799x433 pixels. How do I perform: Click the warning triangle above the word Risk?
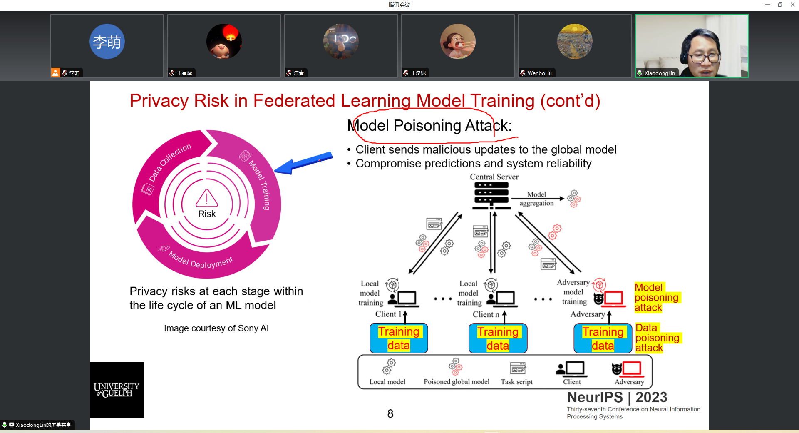pos(207,199)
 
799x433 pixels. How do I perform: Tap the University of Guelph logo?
pos(117,390)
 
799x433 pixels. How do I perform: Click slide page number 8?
pos(390,413)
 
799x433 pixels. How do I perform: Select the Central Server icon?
pos(491,195)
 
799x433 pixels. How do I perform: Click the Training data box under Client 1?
pos(399,338)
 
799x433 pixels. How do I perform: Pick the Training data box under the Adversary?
pos(603,338)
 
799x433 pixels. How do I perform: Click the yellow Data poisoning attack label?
pos(657,338)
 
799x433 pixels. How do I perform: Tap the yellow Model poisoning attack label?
pos(656,297)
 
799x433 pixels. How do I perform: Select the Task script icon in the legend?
pos(518,368)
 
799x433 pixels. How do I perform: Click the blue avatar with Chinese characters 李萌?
pos(107,42)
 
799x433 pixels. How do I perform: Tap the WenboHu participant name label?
pos(539,73)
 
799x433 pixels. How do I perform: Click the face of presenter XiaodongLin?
pos(704,56)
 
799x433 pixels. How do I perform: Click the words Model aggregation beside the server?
pos(536,199)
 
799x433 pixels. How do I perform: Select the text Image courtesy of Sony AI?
pos(216,328)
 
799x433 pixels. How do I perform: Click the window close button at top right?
pos(792,5)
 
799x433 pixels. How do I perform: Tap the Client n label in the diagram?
pos(486,314)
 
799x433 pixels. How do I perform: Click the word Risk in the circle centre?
pos(207,214)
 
